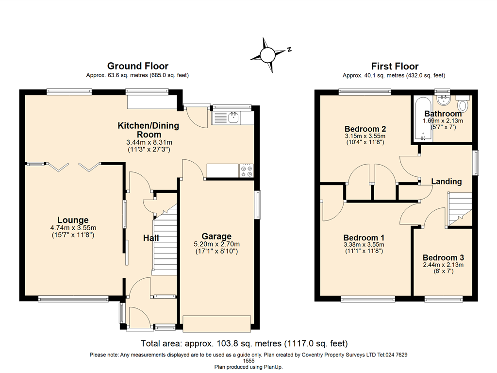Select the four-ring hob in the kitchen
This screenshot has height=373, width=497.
246,171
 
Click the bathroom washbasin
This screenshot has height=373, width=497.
442,100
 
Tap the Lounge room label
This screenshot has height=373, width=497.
73,220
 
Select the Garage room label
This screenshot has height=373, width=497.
216,237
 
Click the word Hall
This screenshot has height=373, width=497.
151,238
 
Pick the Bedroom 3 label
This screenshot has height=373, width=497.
443,257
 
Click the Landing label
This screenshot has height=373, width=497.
446,181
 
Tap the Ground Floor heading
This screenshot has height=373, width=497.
137,66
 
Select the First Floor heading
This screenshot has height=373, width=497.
394,66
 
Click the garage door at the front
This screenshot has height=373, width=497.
216,322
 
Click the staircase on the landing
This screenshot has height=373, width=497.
459,208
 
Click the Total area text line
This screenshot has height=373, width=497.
244,343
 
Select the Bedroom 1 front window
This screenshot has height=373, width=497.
368,299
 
